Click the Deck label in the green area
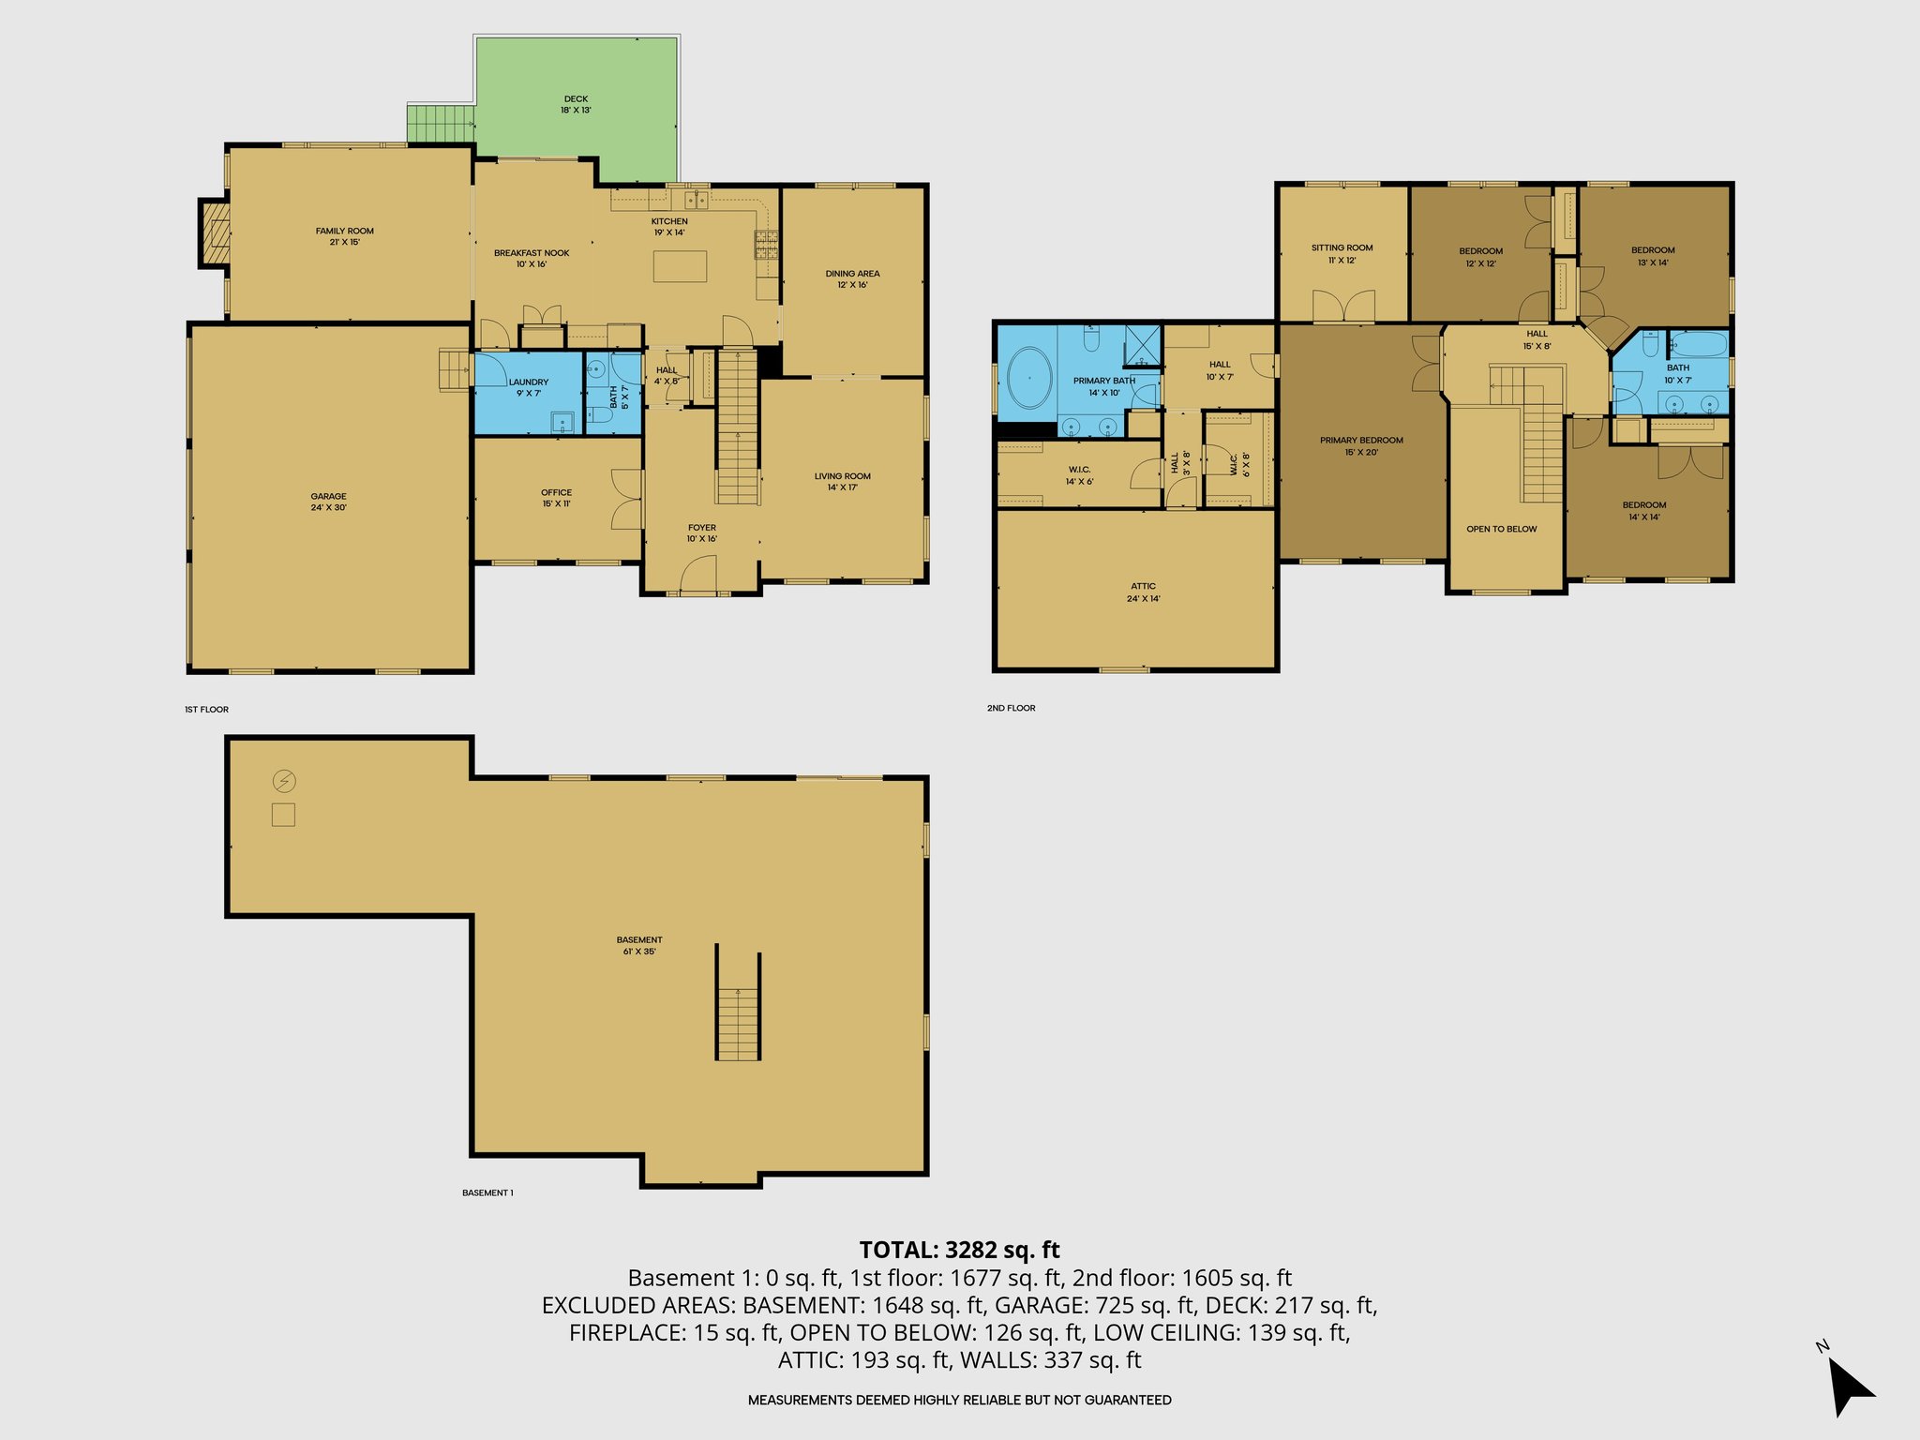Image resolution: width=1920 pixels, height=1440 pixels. [x=576, y=104]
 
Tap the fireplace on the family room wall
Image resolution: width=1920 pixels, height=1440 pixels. [x=216, y=233]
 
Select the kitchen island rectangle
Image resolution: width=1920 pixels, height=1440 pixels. [x=680, y=266]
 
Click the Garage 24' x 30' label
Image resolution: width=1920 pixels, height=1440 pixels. [x=329, y=502]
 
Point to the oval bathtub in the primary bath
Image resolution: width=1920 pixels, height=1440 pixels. [x=1028, y=378]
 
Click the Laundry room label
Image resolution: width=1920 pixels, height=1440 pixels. [x=529, y=387]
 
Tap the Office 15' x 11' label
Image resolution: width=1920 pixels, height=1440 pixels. [x=556, y=498]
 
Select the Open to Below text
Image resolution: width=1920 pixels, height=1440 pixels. [x=1501, y=529]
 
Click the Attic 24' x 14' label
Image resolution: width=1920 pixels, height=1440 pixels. [x=1143, y=592]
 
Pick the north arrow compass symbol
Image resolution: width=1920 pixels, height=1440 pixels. [x=1848, y=1385]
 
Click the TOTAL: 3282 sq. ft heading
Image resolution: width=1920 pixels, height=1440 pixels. [x=959, y=1250]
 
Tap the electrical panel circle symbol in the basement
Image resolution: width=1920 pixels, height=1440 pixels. [x=284, y=781]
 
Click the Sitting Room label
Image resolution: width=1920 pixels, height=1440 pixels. [x=1342, y=253]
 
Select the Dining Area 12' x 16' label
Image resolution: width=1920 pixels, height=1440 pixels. [x=852, y=278]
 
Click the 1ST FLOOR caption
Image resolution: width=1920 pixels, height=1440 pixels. [x=206, y=710]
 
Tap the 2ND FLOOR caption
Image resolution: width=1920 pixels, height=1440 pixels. [x=1011, y=708]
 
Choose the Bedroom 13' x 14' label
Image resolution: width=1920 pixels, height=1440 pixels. [x=1653, y=256]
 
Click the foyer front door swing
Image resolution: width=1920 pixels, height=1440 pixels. [x=697, y=575]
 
